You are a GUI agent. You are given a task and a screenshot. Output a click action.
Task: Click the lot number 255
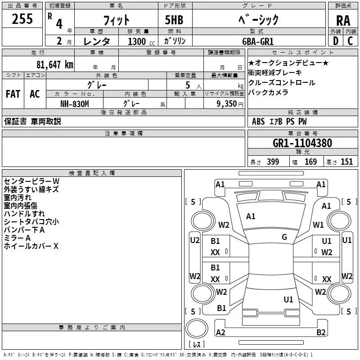point(22,19)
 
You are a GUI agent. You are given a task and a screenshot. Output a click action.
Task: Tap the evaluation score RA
point(342,21)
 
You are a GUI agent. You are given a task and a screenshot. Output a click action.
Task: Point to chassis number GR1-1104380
point(302,144)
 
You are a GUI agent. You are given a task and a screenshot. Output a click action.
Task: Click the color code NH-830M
point(75,103)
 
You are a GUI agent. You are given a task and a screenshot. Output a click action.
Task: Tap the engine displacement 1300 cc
point(138,41)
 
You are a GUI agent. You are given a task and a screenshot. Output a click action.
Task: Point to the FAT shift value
point(13,94)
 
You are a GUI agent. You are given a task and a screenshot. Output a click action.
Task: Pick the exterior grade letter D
point(335,41)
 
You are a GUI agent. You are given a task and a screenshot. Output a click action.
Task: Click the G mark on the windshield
point(284,237)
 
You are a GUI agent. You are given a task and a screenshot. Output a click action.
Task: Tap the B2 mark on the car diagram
point(321,332)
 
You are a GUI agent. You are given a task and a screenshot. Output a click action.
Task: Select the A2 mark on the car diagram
point(220,332)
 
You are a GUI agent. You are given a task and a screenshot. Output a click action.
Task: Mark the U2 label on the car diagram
point(194,240)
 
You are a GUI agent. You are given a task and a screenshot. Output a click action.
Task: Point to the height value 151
point(346,162)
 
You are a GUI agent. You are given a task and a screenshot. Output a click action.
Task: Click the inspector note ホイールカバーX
point(31,246)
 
